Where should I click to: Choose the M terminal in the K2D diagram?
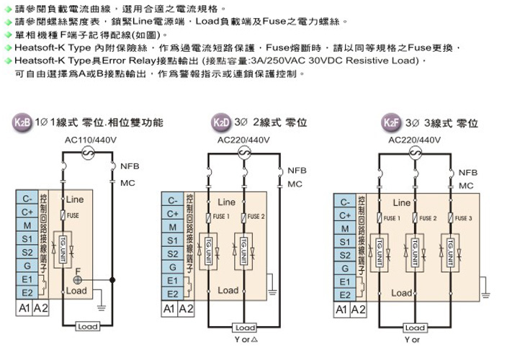point(173,227)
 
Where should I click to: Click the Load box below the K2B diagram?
point(88,327)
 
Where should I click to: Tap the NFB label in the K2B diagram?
point(130,166)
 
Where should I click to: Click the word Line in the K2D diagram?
point(227,202)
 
